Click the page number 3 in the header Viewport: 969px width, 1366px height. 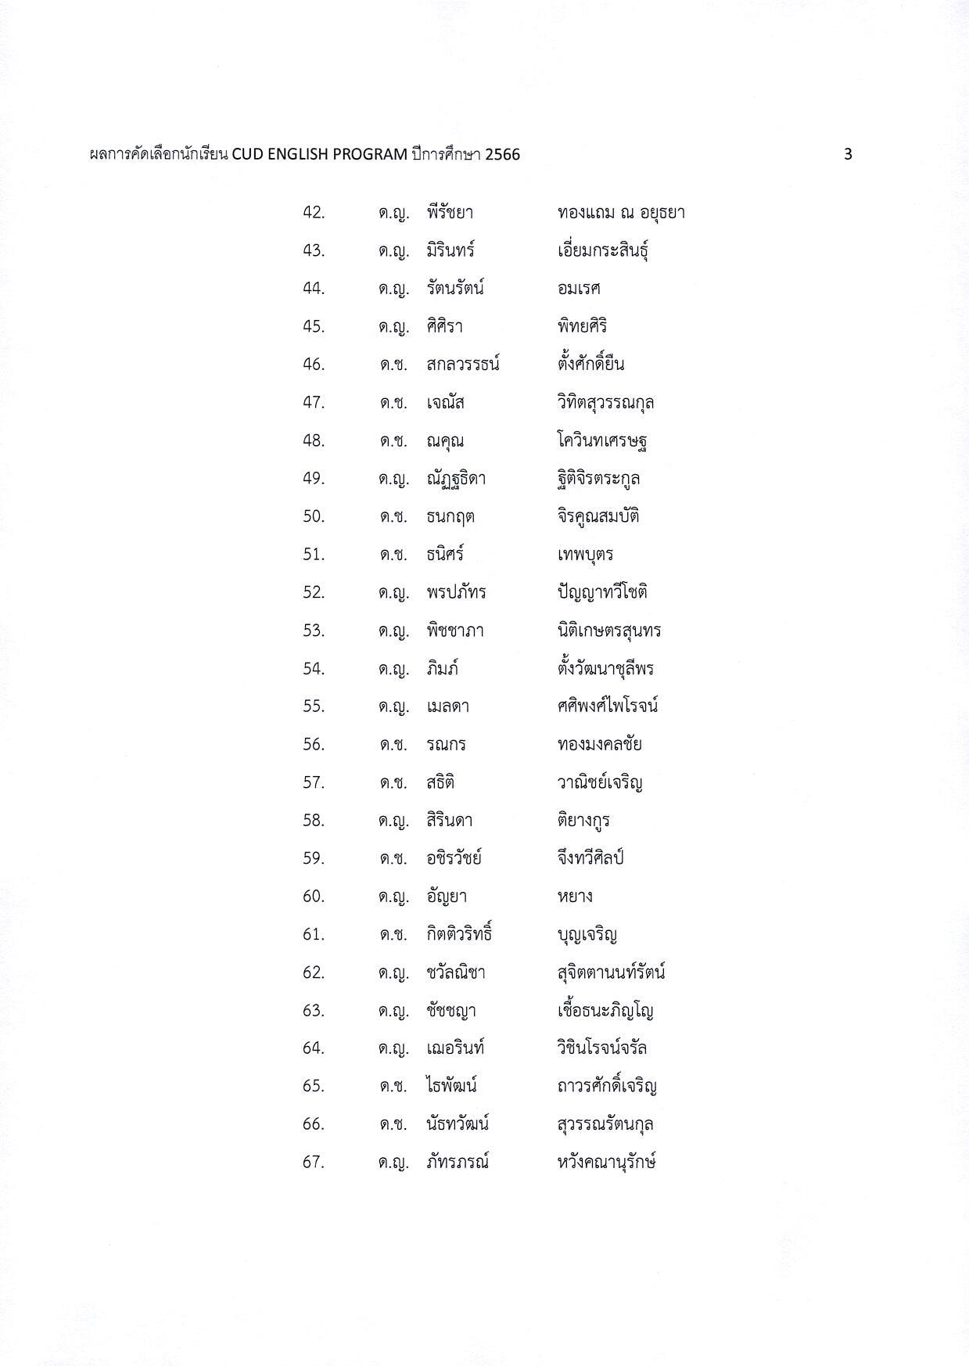(848, 154)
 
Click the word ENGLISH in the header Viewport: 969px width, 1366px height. (298, 154)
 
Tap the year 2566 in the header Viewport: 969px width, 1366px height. (502, 154)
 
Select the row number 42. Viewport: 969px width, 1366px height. (314, 213)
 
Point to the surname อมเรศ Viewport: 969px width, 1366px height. (579, 289)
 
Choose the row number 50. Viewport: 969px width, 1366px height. (314, 516)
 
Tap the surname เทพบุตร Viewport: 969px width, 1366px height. (585, 555)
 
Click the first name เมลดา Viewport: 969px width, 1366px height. (447, 706)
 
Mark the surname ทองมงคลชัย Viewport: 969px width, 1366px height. (600, 744)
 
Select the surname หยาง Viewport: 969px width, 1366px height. (575, 897)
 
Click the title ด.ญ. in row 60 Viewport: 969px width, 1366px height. (393, 897)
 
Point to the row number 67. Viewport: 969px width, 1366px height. (314, 1162)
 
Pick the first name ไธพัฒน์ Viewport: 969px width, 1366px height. (451, 1086)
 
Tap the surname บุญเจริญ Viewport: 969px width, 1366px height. (587, 934)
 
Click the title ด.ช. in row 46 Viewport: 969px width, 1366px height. (393, 365)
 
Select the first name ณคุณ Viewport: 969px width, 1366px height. (445, 440)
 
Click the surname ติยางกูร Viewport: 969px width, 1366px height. (583, 821)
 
